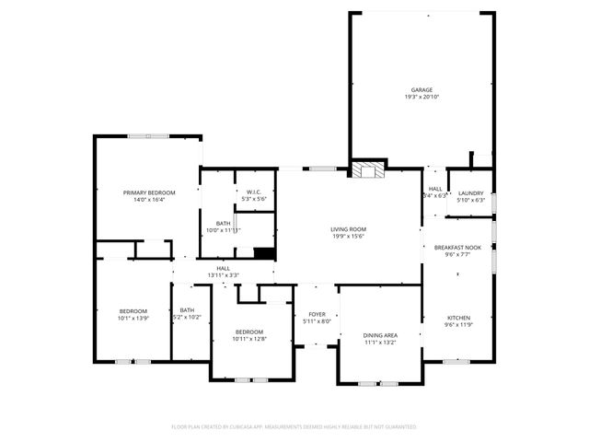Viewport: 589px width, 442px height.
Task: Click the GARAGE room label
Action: (422, 89)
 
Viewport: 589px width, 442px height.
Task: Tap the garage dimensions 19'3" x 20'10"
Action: (422, 97)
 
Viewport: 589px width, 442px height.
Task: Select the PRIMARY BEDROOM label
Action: (149, 192)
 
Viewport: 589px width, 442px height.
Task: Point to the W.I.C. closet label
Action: (253, 192)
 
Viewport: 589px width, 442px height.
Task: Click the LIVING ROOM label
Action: (349, 229)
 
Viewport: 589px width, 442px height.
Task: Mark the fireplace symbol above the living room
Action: (369, 170)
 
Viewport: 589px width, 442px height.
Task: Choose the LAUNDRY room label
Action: (471, 192)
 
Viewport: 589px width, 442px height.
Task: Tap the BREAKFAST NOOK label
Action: (456, 248)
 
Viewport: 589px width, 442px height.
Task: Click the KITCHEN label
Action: (457, 318)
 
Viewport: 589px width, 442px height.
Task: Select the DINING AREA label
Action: (379, 335)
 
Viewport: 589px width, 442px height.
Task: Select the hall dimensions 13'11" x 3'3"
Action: (223, 275)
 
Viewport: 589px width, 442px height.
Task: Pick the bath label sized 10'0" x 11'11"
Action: (224, 230)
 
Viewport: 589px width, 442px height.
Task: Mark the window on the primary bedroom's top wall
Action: (147, 136)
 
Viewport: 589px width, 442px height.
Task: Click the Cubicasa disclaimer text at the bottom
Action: (294, 427)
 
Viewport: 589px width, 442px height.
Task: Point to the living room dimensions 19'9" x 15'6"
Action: (349, 237)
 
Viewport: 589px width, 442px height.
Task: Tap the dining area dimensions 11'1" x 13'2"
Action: (379, 343)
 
